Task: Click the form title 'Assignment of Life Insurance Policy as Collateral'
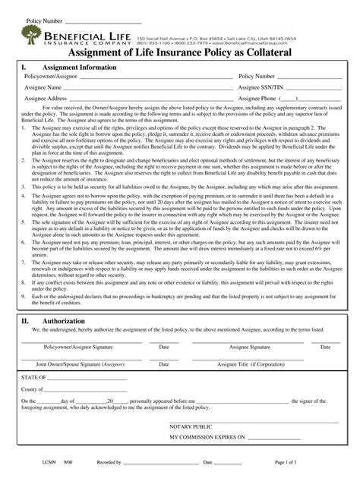(179, 52)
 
